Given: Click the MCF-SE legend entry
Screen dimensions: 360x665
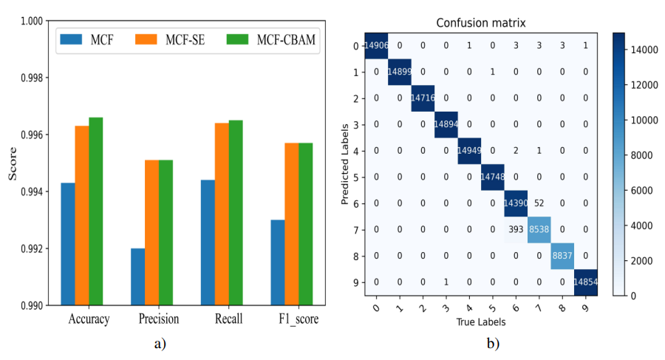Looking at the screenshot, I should pos(163,38).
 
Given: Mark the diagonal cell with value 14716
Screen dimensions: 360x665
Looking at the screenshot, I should pos(422,98).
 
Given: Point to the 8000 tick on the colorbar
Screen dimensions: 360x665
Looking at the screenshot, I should pos(640,154).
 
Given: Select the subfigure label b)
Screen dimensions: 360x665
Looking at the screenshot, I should pos(491,343).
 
